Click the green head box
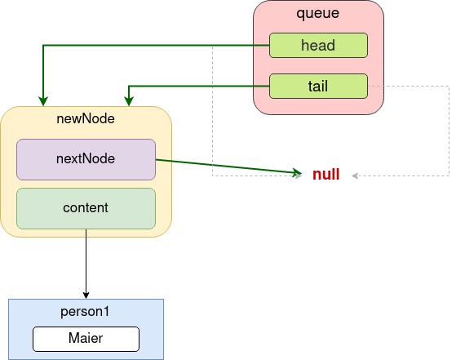tap(318, 46)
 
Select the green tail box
tap(318, 87)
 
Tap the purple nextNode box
tap(86, 159)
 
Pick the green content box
tap(86, 208)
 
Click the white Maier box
tap(86, 339)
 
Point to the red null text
tap(326, 175)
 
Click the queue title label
tap(318, 13)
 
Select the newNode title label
tap(86, 118)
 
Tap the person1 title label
tap(85, 312)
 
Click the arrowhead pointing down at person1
tap(86, 295)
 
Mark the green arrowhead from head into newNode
tap(43, 101)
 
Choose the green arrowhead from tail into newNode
tap(129, 101)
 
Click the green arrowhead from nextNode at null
tap(298, 172)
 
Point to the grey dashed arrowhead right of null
tap(355, 176)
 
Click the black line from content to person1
tap(86, 264)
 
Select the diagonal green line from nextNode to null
tap(229, 167)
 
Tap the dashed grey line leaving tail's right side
tap(449, 131)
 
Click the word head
tap(318, 46)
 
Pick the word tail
tap(318, 87)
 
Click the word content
tap(86, 208)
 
